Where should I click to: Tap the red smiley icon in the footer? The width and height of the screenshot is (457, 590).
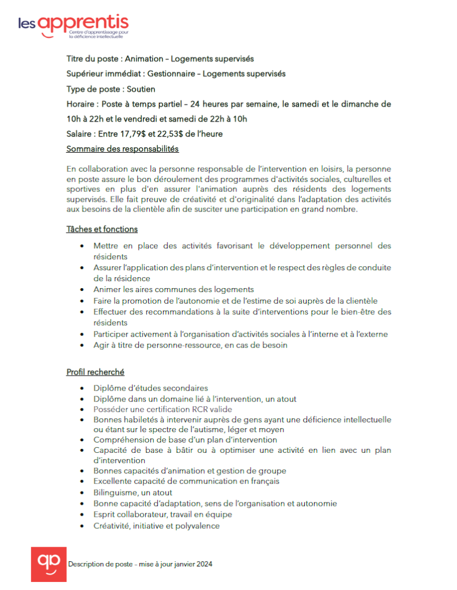coord(49,565)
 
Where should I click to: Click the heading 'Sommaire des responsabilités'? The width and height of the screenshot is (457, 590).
coord(122,149)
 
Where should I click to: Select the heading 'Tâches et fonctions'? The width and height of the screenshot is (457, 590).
coord(102,229)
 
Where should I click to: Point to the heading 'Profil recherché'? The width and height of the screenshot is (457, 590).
coord(95,372)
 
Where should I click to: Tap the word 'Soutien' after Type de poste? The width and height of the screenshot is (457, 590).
coord(141,89)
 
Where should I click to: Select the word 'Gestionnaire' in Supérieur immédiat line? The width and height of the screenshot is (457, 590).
coord(171,74)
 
